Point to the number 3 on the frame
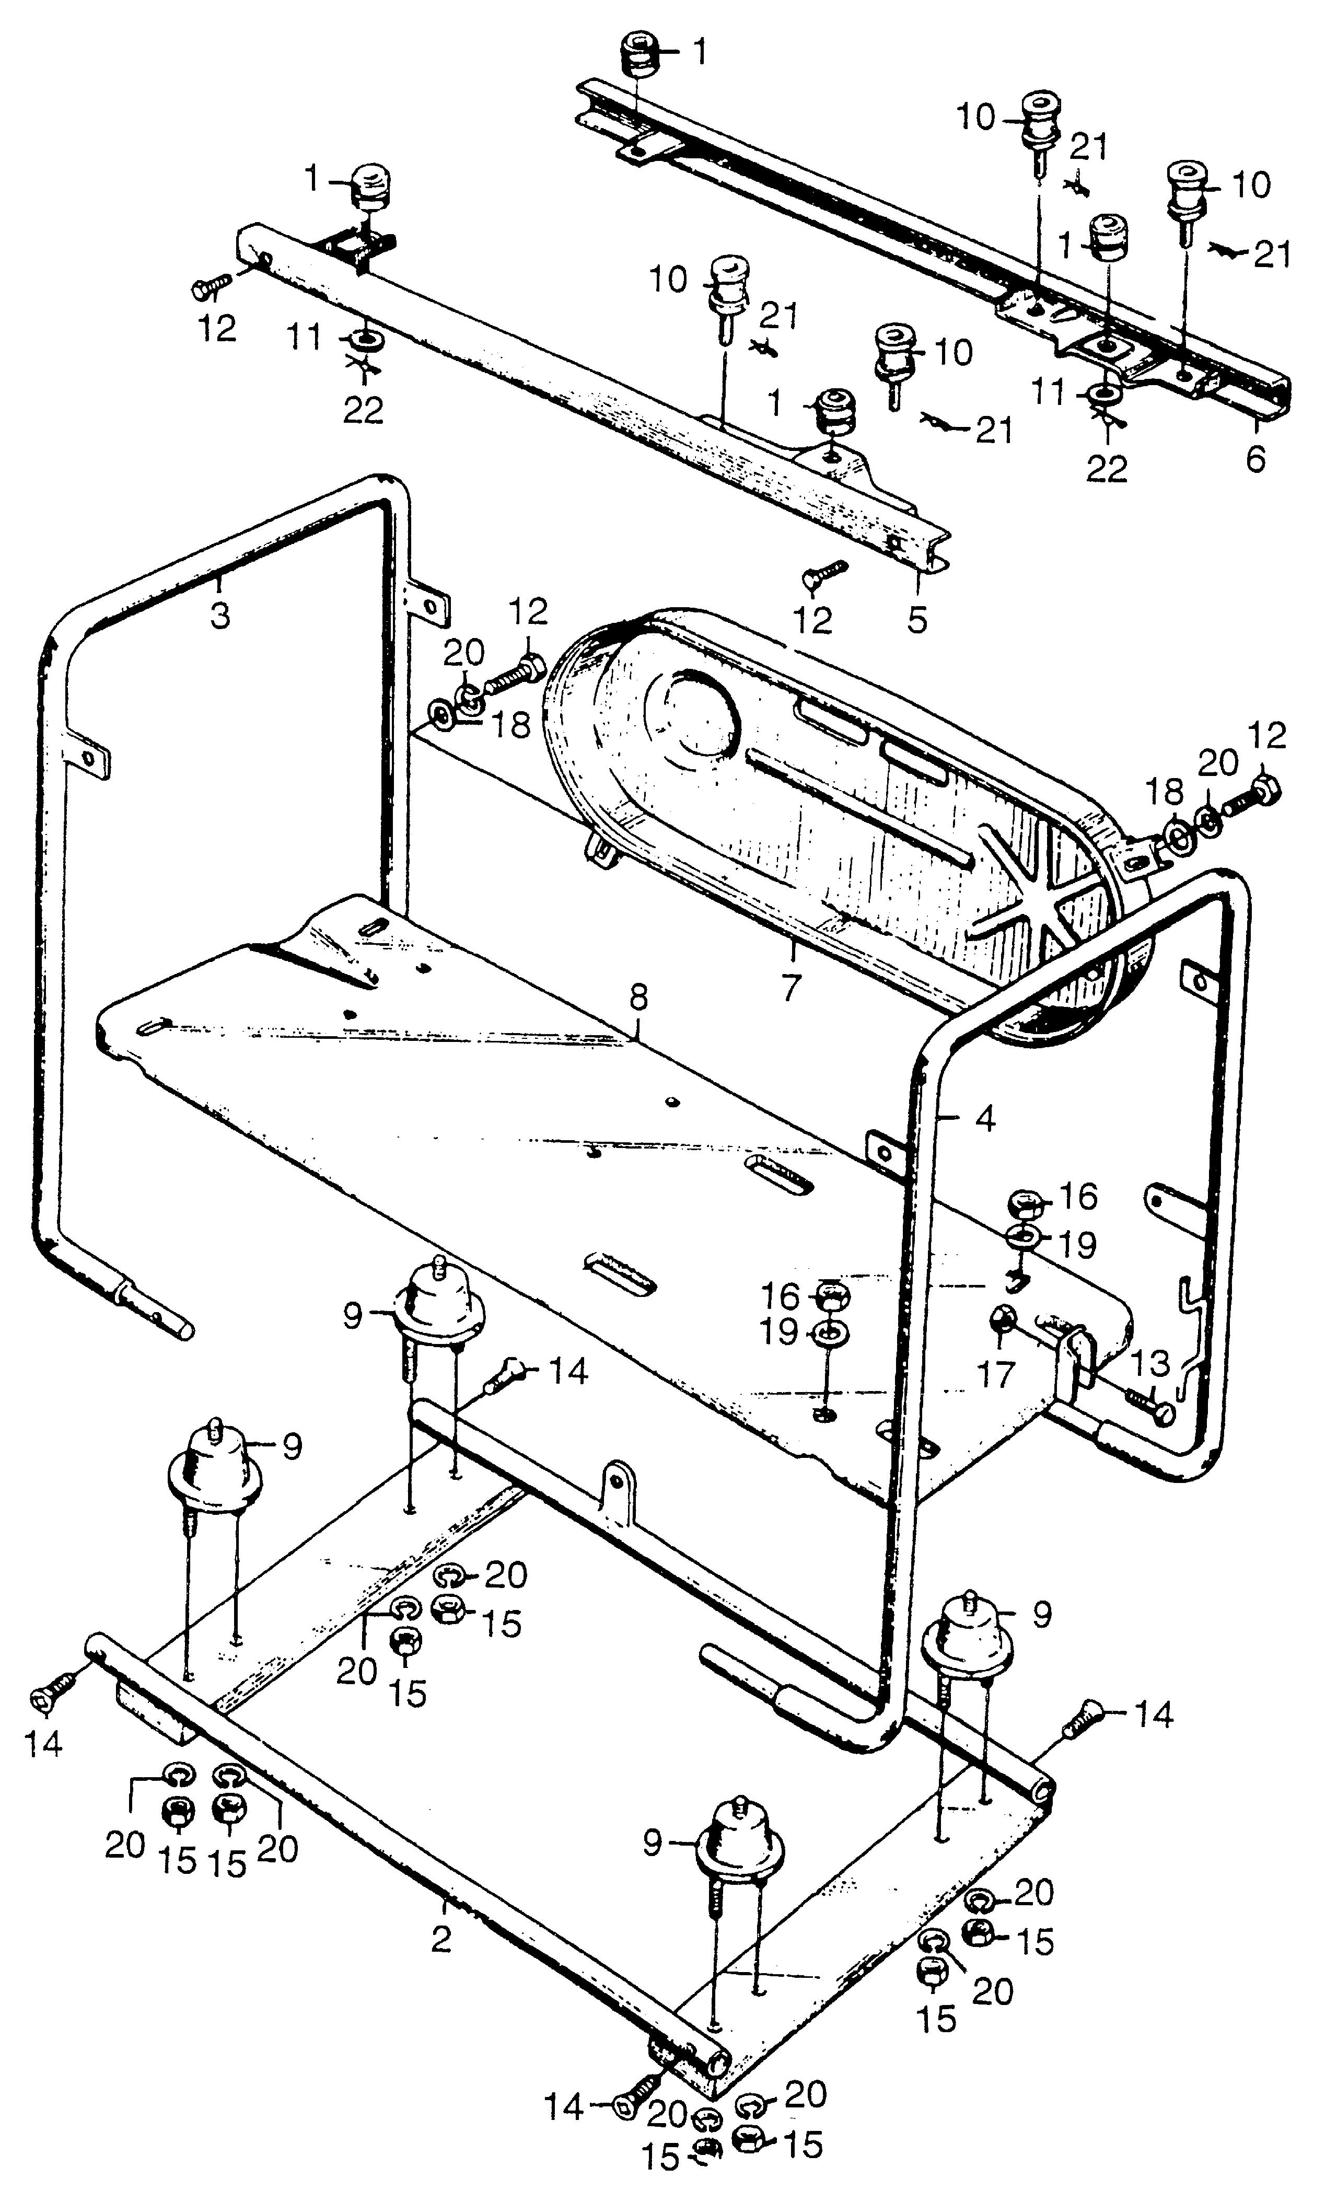(220, 615)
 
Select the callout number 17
(996, 1374)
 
